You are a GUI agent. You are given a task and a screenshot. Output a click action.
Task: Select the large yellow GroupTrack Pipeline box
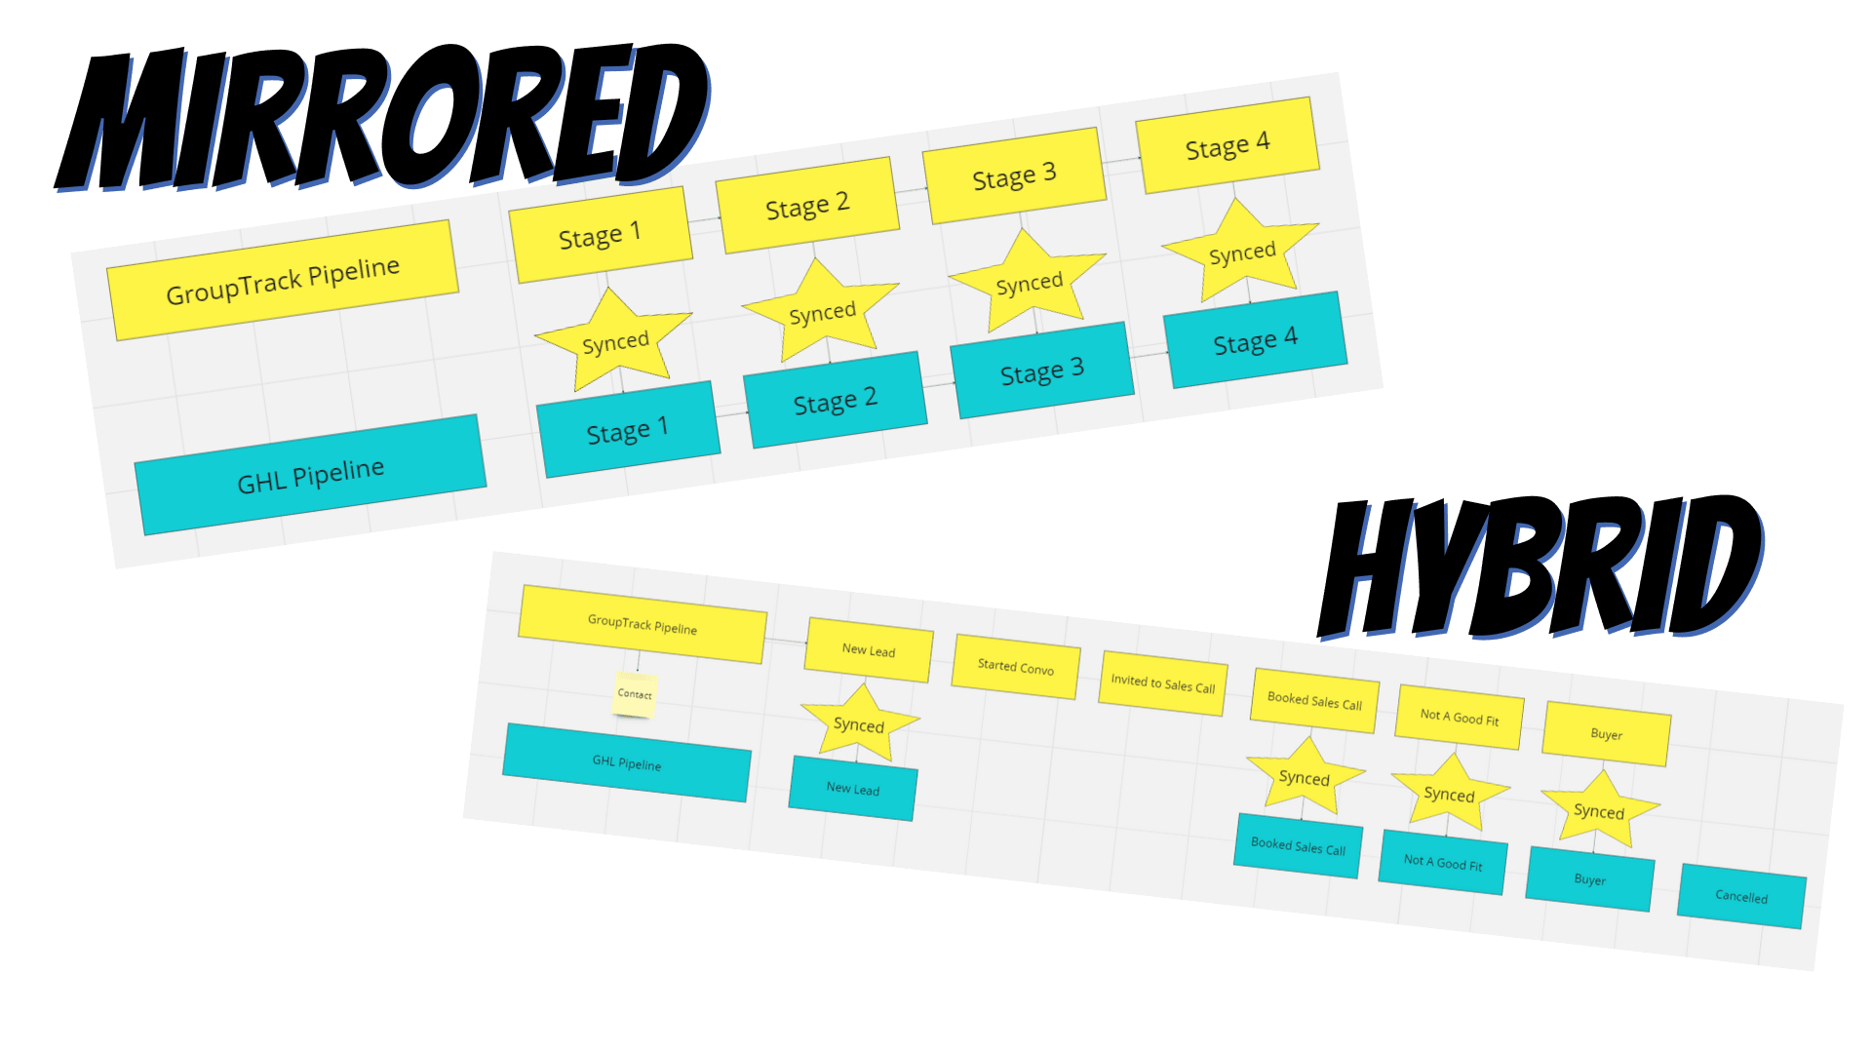pyautogui.click(x=283, y=280)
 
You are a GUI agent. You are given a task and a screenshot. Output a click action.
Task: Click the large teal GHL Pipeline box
pyautogui.click(x=310, y=475)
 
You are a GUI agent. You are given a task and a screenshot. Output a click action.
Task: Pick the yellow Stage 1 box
pyautogui.click(x=600, y=235)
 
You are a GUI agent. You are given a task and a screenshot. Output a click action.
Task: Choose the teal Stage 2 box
pyautogui.click(x=835, y=400)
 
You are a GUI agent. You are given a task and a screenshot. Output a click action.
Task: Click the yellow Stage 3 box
pyautogui.click(x=1014, y=176)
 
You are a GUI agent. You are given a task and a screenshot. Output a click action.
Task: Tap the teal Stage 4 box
pyautogui.click(x=1255, y=340)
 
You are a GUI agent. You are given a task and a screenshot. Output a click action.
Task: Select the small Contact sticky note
pyautogui.click(x=635, y=694)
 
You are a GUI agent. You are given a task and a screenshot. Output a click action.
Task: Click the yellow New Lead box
pyautogui.click(x=868, y=650)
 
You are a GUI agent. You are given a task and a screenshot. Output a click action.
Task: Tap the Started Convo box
pyautogui.click(x=1016, y=667)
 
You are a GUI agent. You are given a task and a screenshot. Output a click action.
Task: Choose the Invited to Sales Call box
pyautogui.click(x=1162, y=683)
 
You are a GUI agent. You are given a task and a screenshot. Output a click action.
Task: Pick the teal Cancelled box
pyautogui.click(x=1741, y=896)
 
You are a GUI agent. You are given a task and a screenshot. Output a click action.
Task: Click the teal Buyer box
pyautogui.click(x=1589, y=879)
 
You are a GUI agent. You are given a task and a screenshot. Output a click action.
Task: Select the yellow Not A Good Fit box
pyautogui.click(x=1459, y=718)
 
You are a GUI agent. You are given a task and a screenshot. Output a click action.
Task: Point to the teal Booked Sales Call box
pyautogui.click(x=1298, y=845)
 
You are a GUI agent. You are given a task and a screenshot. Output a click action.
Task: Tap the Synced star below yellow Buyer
pyautogui.click(x=1599, y=810)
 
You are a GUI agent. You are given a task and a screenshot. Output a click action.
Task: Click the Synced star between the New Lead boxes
pyautogui.click(x=859, y=724)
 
